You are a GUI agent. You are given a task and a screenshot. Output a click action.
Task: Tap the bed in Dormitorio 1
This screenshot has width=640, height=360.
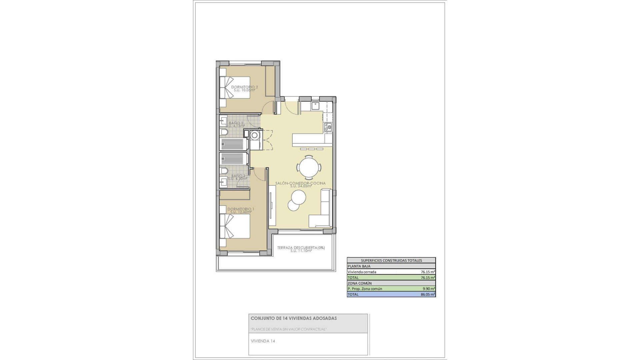click(x=235, y=226)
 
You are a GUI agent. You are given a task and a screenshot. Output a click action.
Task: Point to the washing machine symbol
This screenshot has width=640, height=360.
click(x=255, y=135)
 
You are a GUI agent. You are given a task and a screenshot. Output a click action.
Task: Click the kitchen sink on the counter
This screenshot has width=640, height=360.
click(x=315, y=106)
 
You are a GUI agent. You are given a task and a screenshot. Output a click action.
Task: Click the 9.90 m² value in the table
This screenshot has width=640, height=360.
click(x=428, y=289)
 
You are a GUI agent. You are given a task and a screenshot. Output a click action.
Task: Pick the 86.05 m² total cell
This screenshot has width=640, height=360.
click(x=428, y=294)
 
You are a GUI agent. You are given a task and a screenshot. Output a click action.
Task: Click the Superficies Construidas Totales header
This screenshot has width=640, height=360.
click(x=391, y=260)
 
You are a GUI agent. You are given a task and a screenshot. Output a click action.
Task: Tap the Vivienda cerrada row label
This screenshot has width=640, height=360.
click(x=362, y=272)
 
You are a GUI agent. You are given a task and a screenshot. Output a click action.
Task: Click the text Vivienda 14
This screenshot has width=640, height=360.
click(x=263, y=341)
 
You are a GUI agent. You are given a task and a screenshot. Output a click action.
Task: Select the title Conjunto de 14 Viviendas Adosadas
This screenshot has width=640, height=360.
click(x=294, y=318)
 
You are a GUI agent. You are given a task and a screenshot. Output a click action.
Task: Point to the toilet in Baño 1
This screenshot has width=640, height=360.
click(x=224, y=171)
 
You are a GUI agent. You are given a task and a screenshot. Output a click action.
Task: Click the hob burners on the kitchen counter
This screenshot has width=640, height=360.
click(x=328, y=127)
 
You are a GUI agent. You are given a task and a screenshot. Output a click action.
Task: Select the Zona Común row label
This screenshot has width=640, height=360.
click(x=359, y=283)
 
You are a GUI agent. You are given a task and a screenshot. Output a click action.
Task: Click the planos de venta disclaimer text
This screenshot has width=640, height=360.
click(x=289, y=329)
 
